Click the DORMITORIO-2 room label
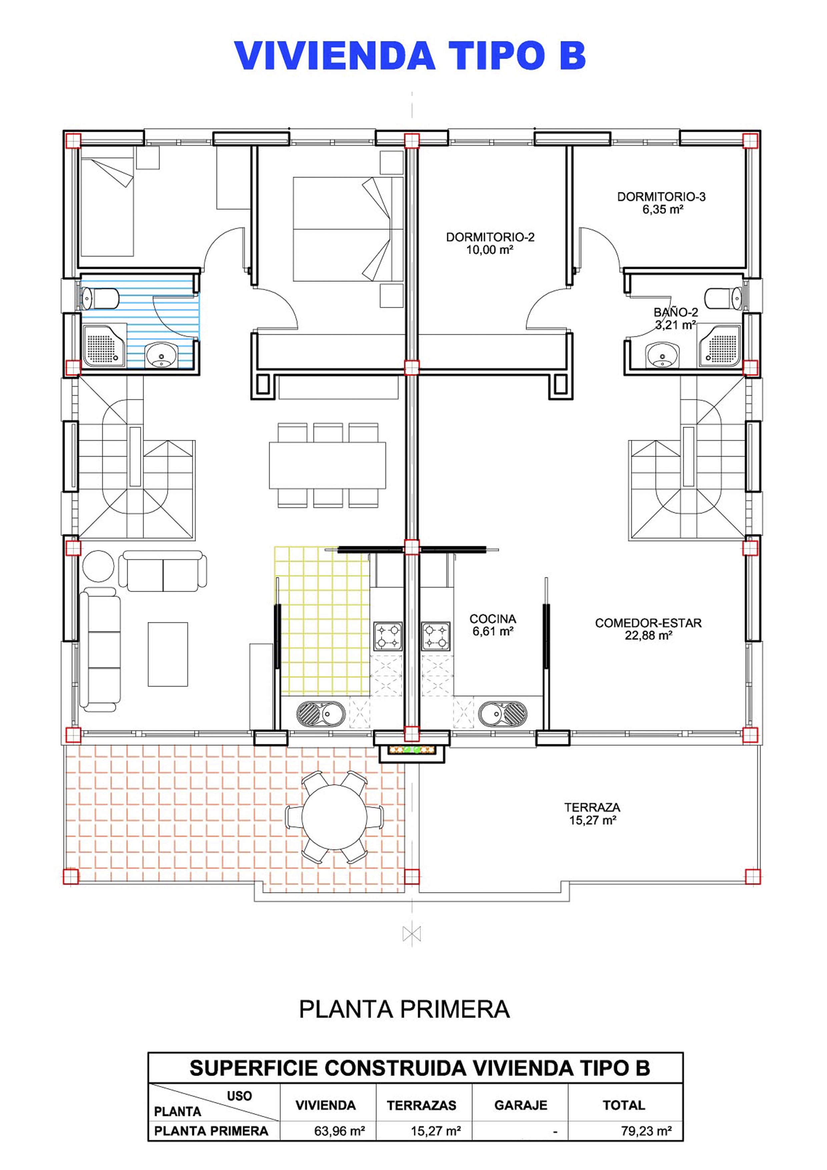(x=490, y=243)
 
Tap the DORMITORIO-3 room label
(x=661, y=203)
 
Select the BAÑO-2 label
(x=676, y=319)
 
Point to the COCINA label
(x=493, y=625)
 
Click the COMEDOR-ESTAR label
(x=648, y=629)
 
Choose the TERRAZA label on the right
(x=592, y=814)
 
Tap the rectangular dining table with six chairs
(x=327, y=465)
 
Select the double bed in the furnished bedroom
(x=348, y=229)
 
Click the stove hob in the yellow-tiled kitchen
(x=388, y=636)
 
